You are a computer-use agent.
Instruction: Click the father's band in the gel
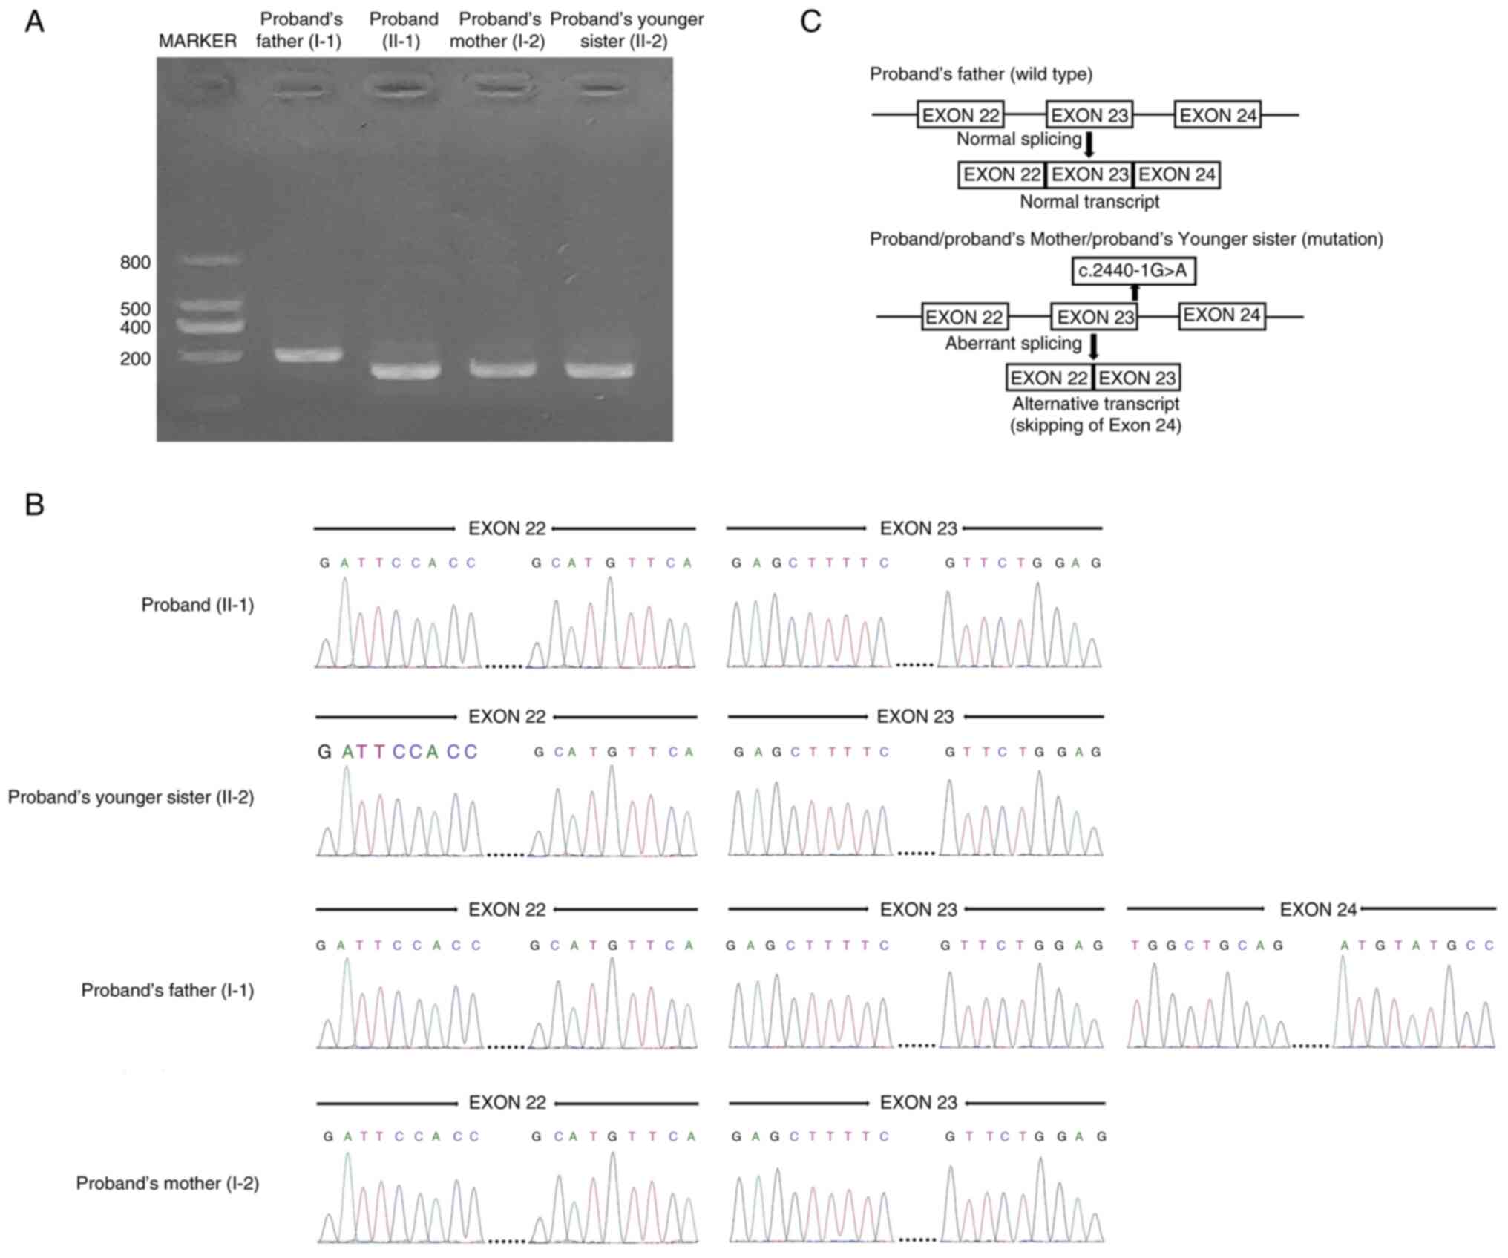(x=308, y=355)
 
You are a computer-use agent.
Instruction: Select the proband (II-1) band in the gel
(x=405, y=370)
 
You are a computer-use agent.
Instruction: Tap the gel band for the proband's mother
(x=502, y=368)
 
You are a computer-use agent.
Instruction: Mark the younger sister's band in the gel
(x=600, y=369)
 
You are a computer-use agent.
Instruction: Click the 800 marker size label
(x=135, y=263)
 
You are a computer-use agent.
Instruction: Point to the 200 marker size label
(x=135, y=359)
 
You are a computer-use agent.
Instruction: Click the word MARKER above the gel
(x=197, y=41)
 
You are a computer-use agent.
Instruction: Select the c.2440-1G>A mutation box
(x=1132, y=271)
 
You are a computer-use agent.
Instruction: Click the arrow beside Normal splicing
(x=1089, y=145)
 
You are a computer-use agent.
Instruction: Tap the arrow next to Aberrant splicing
(x=1093, y=347)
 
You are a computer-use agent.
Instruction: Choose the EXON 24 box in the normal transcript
(x=1176, y=175)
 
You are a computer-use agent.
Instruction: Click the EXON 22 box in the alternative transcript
(x=1049, y=378)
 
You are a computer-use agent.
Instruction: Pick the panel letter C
(x=810, y=22)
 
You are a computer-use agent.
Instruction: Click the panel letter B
(x=34, y=505)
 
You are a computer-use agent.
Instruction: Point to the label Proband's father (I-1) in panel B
(x=168, y=991)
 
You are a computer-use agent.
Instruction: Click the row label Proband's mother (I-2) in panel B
(x=168, y=1183)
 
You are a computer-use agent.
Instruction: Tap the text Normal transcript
(x=1089, y=202)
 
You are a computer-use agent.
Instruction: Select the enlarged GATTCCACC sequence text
(x=397, y=752)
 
